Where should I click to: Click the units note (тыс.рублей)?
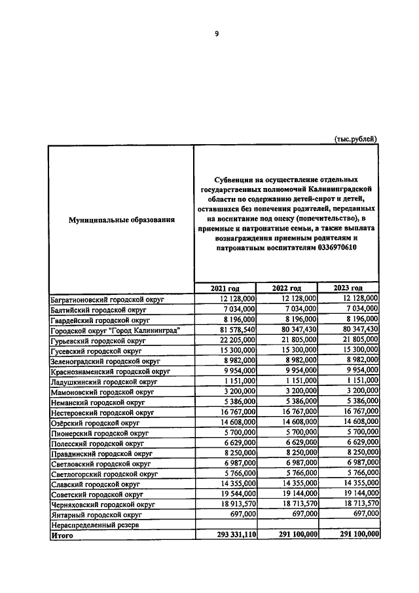pyautogui.click(x=356, y=139)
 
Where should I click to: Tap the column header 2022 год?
pyautogui.click(x=287, y=288)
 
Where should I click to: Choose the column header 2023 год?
pyautogui.click(x=348, y=288)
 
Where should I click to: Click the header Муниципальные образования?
pyautogui.click(x=122, y=220)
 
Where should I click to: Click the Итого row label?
pyautogui.click(x=62, y=535)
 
